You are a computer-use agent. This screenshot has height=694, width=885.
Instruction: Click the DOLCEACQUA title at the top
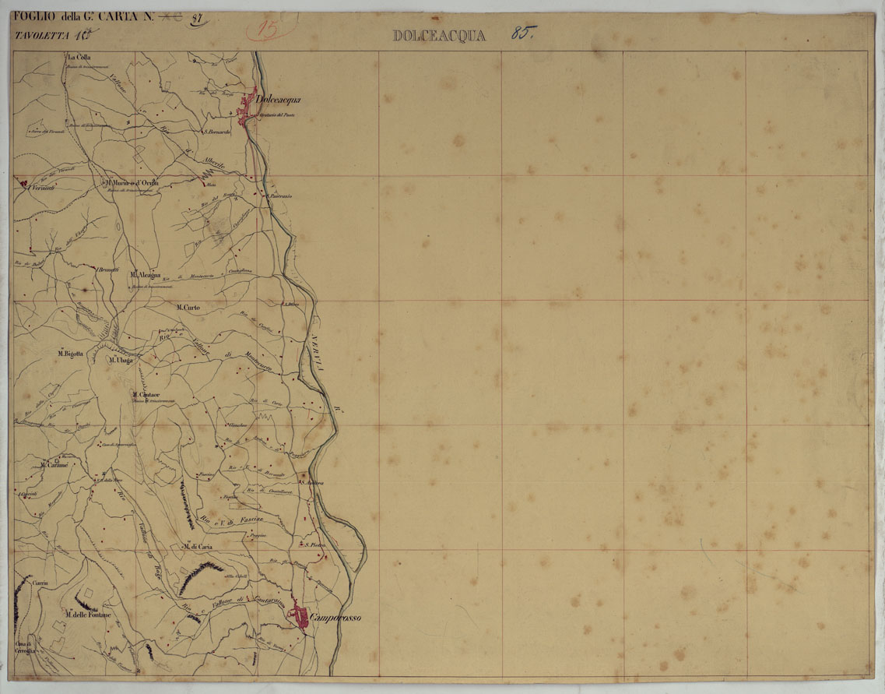(439, 35)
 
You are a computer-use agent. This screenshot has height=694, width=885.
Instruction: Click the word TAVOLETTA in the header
(41, 35)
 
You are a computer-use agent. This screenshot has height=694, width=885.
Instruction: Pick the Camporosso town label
(335, 618)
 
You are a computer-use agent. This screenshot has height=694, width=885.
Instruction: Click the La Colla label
(79, 57)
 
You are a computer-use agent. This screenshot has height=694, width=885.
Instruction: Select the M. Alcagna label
(146, 275)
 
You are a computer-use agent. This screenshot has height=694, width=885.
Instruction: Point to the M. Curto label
(188, 308)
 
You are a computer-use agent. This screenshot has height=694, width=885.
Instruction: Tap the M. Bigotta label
(70, 354)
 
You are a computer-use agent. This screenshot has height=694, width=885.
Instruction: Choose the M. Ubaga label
(121, 361)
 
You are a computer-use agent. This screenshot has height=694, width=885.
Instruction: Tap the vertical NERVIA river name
(318, 358)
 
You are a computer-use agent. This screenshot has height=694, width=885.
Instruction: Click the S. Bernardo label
(218, 132)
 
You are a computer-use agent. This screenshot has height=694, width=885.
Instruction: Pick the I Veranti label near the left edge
(40, 188)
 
